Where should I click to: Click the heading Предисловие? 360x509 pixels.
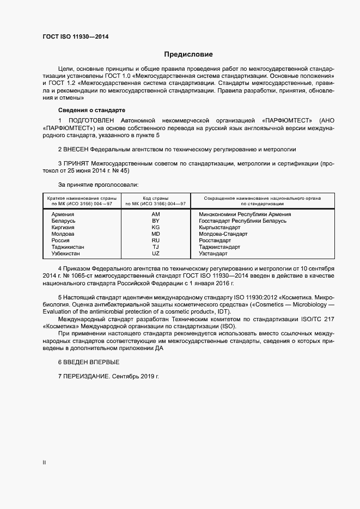point(188,54)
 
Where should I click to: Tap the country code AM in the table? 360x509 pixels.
point(156,214)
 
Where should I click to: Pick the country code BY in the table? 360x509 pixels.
point(156,221)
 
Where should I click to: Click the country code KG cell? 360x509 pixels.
point(156,228)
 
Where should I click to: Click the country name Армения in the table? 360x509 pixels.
point(63,214)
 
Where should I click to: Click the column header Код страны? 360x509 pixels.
point(156,198)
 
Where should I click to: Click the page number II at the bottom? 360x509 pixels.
point(44,462)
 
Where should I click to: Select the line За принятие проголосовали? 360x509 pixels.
point(94,185)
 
